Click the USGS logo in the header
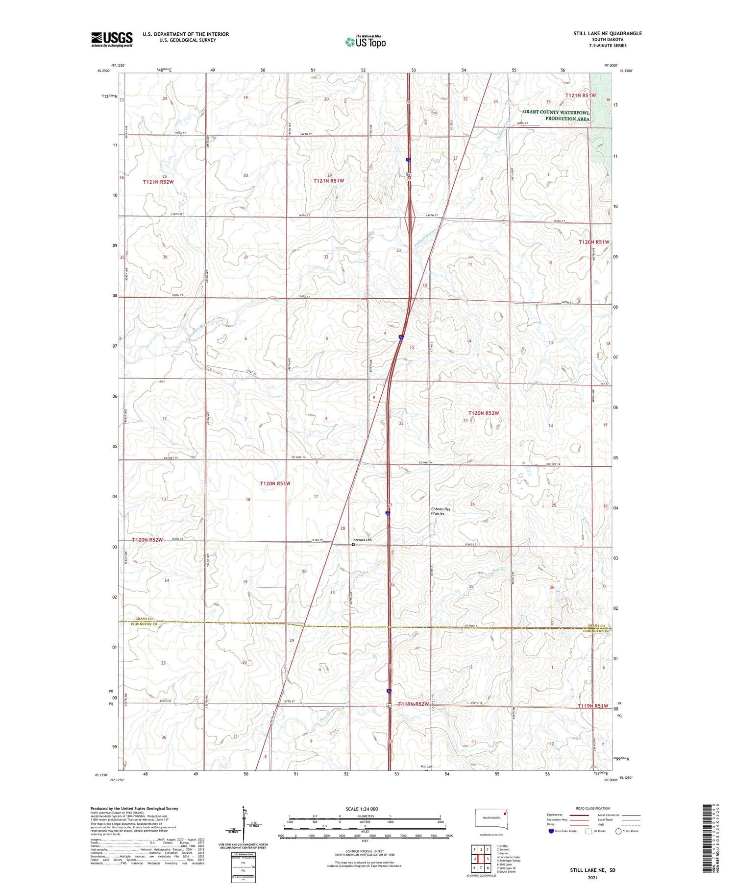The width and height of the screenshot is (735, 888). coord(112,39)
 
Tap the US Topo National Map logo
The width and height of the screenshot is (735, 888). coord(365,42)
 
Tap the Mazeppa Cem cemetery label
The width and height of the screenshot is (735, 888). coord(363,540)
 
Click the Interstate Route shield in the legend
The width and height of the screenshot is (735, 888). coord(551,831)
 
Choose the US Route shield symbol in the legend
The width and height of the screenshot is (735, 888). coord(589,831)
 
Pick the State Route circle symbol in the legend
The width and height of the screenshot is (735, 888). coord(618,831)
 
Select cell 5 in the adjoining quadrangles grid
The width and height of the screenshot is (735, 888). coord(488,859)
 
